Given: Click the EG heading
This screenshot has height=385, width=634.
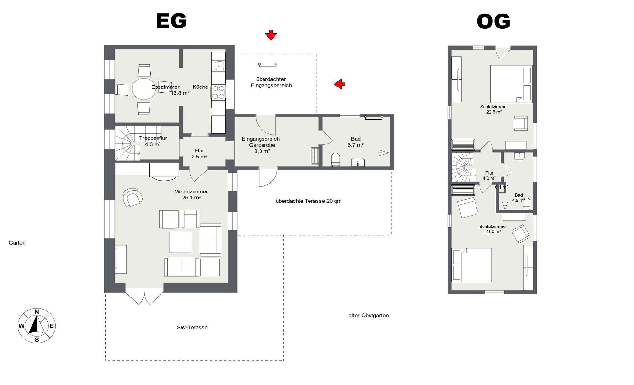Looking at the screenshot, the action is tap(171, 21).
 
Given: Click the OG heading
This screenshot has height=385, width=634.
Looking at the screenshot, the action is tap(493, 21).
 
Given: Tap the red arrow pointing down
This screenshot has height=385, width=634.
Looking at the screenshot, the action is tap(271, 35).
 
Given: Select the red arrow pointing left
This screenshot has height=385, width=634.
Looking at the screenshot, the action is tap(340, 84).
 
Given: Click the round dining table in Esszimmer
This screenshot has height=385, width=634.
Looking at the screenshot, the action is tap(144, 88).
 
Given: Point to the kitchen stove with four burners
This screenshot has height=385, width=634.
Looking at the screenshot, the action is tap(218, 92).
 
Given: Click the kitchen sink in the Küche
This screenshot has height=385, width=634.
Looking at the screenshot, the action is tap(219, 66).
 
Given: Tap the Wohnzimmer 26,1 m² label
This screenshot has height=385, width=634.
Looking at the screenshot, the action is tap(192, 194).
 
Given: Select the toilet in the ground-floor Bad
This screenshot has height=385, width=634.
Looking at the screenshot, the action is tap(335, 159).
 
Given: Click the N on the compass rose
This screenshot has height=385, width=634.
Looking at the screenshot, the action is tap(37, 312).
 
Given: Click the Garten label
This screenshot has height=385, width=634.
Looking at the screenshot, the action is tap(17, 243).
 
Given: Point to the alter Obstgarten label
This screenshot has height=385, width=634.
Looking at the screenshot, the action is tap(369, 315).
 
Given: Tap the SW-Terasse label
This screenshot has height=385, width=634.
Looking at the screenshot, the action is tap(192, 327).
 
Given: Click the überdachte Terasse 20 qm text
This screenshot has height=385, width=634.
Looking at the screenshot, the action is tap(308, 201).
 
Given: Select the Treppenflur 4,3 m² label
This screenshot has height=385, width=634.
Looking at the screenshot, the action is tap(153, 141).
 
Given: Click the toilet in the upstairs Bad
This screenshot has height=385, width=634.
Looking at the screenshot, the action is tap(527, 204).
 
